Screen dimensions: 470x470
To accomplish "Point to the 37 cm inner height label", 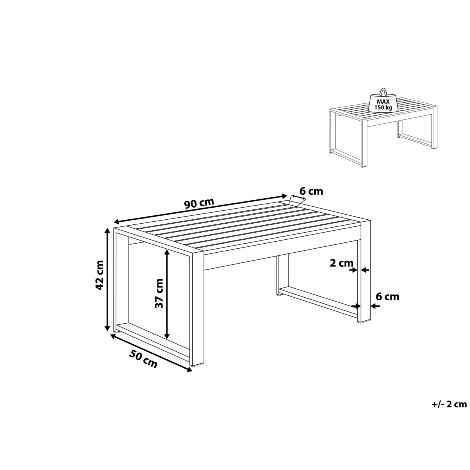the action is [x=159, y=293].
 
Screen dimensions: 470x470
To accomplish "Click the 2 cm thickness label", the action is [x=342, y=263].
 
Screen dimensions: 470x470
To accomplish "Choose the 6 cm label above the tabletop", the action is [x=311, y=191].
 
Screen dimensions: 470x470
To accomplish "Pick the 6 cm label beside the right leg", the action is [x=388, y=296].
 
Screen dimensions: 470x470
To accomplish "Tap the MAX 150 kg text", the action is [x=384, y=105].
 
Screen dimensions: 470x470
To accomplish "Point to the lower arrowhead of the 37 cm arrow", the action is [x=167, y=336].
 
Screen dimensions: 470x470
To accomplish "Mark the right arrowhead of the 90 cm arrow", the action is [x=284, y=196].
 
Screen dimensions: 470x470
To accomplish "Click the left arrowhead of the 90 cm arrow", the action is [x=117, y=222].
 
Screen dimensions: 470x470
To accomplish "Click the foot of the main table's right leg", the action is [x=363, y=322].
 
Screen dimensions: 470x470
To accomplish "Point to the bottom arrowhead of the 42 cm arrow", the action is [x=107, y=328].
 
